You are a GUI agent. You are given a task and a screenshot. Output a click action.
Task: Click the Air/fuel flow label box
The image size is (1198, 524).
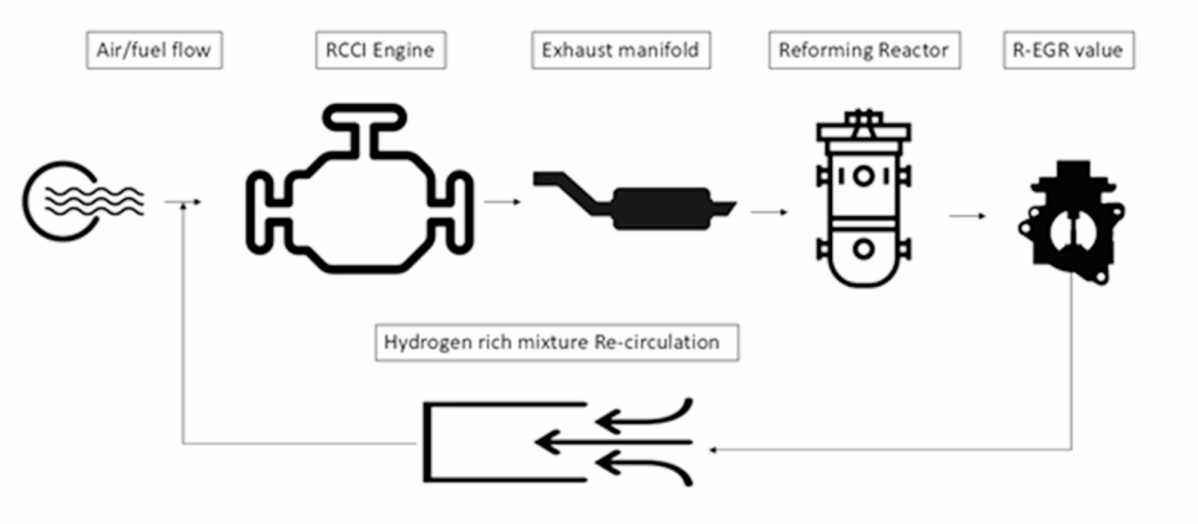point(154,50)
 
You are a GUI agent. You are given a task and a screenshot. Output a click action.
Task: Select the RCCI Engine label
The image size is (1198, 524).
point(380,50)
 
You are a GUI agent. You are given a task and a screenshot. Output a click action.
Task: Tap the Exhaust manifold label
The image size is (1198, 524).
point(620,50)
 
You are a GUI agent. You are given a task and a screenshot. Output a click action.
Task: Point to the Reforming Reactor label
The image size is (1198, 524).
point(864,50)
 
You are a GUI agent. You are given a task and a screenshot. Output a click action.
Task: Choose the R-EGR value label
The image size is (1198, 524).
point(1068,50)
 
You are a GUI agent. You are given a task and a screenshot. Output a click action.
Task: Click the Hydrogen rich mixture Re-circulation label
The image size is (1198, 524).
point(556,342)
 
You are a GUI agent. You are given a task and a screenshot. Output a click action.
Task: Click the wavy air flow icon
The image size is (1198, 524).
point(84,201)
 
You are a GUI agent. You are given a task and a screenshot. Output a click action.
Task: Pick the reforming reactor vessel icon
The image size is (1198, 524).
point(863,203)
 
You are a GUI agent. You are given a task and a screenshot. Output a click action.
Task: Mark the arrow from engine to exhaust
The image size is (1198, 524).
point(502,202)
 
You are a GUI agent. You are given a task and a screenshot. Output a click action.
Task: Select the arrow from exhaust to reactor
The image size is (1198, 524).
point(769,212)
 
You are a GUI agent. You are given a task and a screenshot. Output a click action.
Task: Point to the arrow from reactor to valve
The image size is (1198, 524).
point(967,216)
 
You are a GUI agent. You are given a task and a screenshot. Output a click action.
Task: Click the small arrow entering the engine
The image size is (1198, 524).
point(184,203)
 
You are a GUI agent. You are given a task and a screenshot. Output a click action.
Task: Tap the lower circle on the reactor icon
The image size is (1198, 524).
point(863,249)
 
